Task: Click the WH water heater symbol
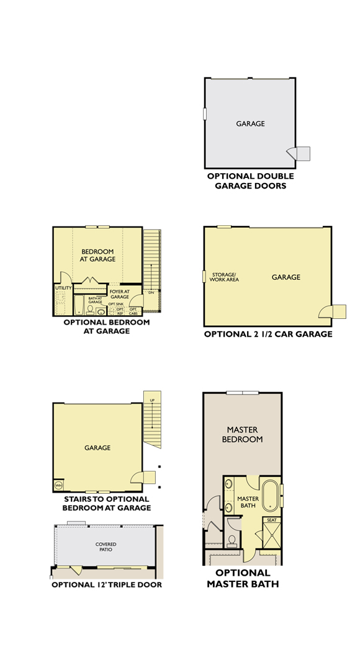click(x=59, y=485)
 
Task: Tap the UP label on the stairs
click(x=151, y=400)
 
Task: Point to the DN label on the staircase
click(x=151, y=292)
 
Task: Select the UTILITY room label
click(x=63, y=288)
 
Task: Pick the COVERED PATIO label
click(x=106, y=547)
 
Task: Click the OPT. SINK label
click(x=116, y=304)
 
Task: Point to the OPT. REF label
click(x=120, y=311)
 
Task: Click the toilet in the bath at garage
click(x=91, y=308)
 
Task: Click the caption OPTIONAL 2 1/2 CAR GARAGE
click(x=268, y=334)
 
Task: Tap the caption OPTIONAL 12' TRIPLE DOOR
click(x=107, y=584)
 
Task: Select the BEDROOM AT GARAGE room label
click(x=98, y=255)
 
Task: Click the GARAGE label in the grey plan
click(x=250, y=123)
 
